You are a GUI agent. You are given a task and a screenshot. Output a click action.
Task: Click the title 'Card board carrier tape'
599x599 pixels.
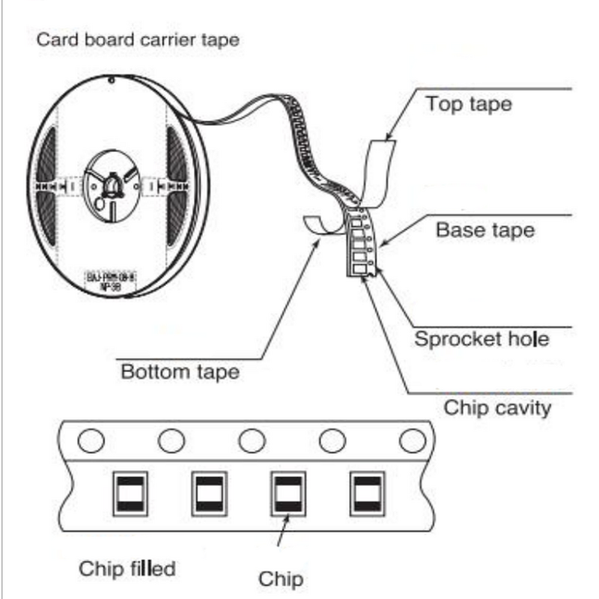[139, 40]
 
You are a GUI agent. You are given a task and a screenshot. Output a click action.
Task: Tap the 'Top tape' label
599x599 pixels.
[469, 103]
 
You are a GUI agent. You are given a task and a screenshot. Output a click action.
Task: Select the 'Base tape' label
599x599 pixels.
[485, 229]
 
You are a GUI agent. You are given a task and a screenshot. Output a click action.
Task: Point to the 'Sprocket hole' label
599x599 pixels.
[482, 338]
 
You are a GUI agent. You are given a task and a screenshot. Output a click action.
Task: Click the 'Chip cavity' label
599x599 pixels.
[497, 407]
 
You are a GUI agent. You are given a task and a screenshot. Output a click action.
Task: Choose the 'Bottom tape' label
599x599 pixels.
[180, 371]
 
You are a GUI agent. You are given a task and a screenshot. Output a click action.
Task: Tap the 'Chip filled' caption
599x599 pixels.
[127, 568]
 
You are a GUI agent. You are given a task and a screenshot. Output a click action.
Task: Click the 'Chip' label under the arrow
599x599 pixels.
[281, 579]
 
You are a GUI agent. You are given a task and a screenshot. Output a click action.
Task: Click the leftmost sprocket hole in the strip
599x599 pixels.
[91, 441]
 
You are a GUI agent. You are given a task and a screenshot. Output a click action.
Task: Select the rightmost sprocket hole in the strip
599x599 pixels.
[412, 441]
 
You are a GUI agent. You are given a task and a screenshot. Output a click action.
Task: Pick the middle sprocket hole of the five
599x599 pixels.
[252, 441]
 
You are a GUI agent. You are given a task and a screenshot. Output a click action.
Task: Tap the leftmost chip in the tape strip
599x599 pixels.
[129, 493]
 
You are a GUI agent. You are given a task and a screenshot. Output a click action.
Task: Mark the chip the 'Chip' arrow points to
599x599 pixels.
[288, 493]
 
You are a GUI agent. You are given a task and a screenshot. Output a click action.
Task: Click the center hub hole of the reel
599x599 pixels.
[110, 183]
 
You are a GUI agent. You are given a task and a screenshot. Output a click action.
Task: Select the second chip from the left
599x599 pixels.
[208, 493]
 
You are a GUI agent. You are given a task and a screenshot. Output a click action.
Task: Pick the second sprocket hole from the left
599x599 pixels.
[171, 441]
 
